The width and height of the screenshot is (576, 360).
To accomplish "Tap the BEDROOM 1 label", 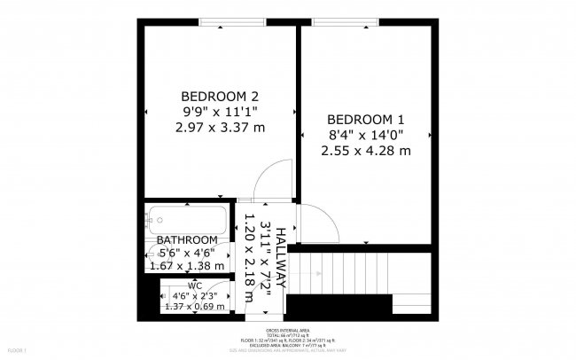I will click(x=365, y=120).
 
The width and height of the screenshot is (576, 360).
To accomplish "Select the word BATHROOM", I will click(x=186, y=240).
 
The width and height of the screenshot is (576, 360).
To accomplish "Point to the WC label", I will click(x=195, y=286).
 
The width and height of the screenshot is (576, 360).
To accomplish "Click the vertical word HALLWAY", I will click(x=280, y=258).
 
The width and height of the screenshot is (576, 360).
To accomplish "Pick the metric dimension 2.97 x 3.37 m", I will click(x=220, y=128).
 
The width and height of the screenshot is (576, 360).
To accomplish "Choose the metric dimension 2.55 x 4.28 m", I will click(x=365, y=151).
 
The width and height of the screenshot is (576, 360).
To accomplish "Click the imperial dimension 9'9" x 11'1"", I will click(x=220, y=112).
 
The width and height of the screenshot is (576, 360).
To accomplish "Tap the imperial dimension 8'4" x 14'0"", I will click(x=365, y=135).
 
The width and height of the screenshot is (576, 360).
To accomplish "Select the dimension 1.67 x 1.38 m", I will click(x=186, y=265).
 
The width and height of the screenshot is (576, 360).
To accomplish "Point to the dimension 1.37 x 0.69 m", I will click(x=195, y=307).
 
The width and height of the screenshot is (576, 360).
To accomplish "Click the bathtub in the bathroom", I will click(x=189, y=219).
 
